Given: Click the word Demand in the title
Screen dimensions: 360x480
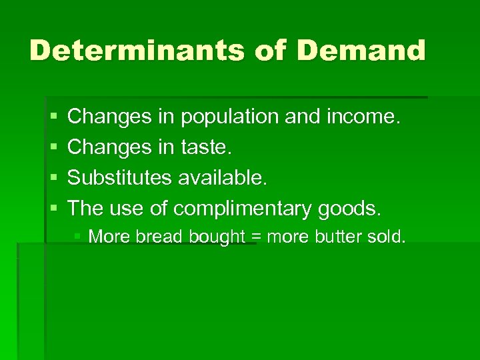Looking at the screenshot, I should coord(361,51).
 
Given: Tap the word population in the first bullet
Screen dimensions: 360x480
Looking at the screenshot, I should coord(225,117).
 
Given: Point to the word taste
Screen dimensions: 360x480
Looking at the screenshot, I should coord(206,147).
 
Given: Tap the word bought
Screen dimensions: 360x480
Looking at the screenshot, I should coord(215,237).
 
